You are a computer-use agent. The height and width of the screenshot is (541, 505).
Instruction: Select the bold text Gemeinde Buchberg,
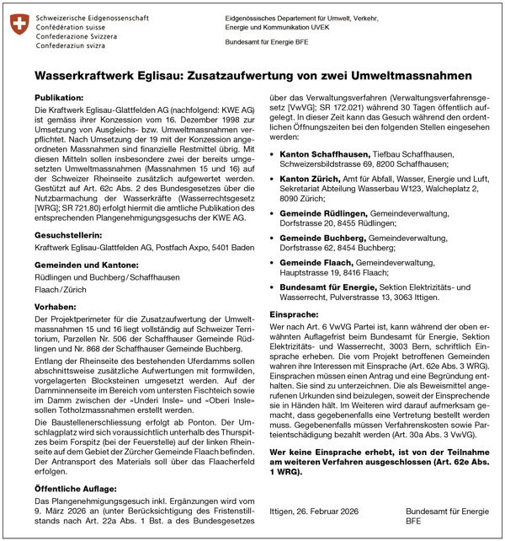click(x=322, y=239)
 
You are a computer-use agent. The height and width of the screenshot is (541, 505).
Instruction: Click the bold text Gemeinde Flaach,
click(x=316, y=264)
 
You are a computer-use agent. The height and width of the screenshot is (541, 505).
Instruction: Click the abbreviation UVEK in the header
click(x=343, y=27)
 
